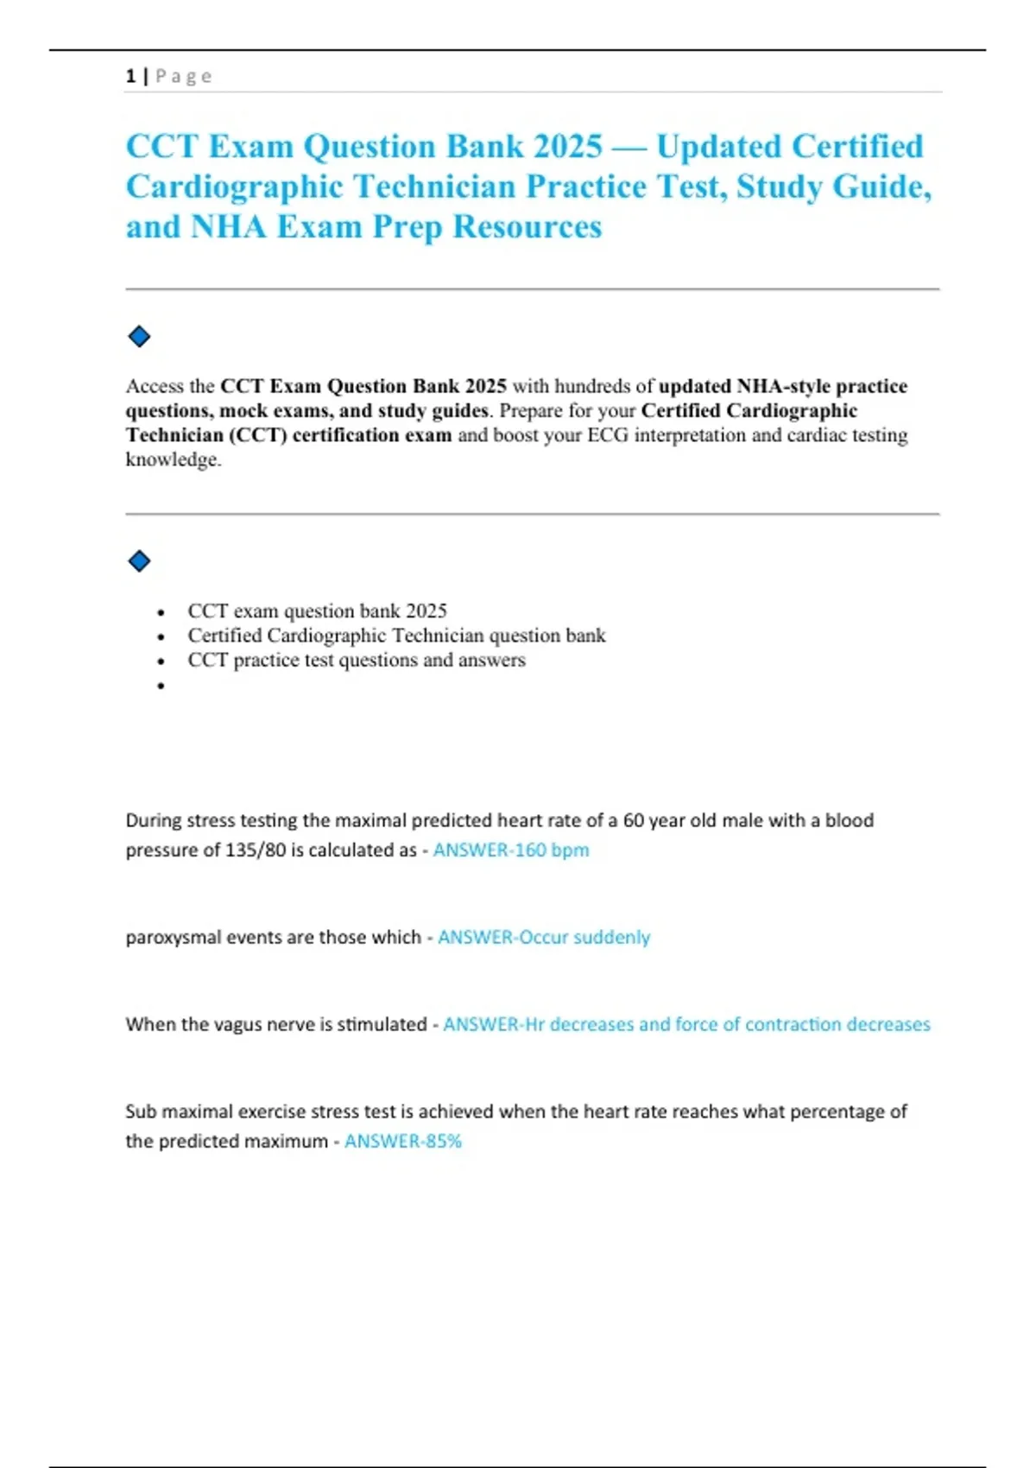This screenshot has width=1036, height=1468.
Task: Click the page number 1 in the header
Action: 130,76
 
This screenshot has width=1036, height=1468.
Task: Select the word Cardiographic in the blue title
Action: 234,187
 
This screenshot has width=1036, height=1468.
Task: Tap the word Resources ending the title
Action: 527,227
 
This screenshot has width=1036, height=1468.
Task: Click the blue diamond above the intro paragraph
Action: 139,337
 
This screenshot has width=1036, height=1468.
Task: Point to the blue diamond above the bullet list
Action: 139,561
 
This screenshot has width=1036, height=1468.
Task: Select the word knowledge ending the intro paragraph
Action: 172,459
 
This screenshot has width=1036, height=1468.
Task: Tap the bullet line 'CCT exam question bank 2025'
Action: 317,611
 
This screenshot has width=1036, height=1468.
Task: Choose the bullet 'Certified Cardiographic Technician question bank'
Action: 396,636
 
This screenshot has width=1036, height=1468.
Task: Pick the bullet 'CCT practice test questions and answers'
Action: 356,660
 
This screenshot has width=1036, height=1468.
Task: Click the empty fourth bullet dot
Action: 161,687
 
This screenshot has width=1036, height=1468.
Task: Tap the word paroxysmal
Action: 173,938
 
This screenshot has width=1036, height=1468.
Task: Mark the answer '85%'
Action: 444,1141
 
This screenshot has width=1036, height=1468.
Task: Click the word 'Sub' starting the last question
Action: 141,1111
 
